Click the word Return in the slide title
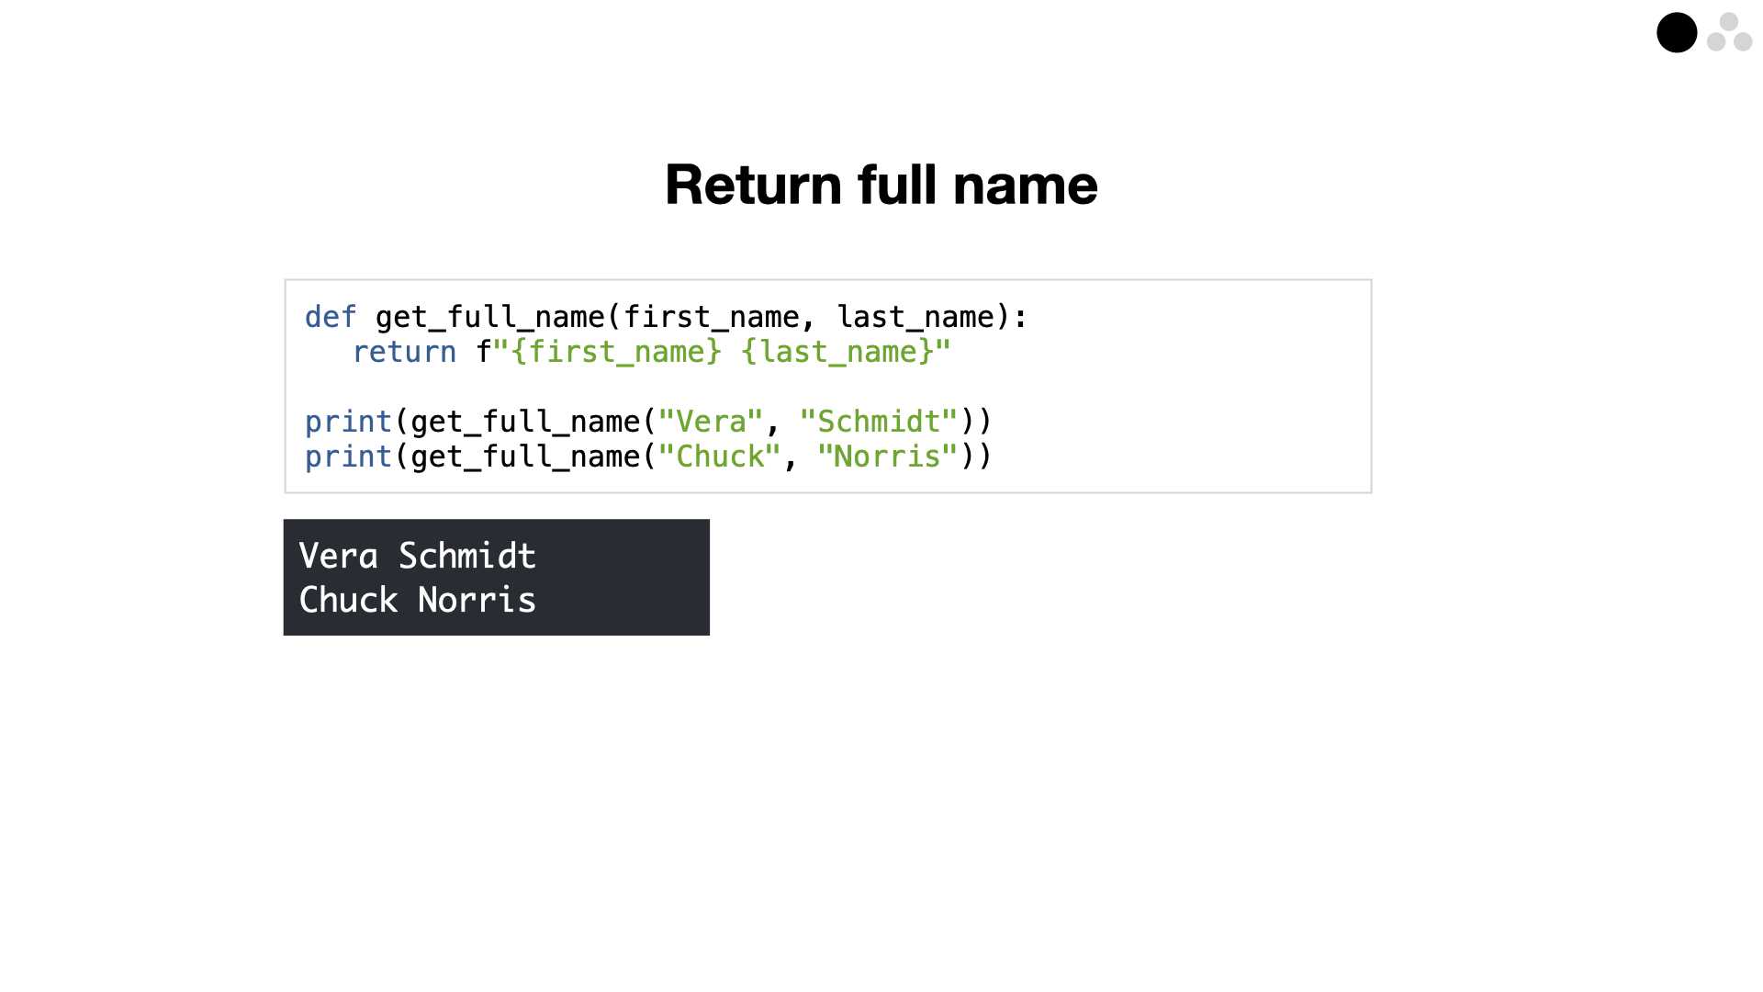click(x=754, y=185)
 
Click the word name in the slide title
click(x=1025, y=185)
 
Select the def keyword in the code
click(x=331, y=317)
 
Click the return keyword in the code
click(x=404, y=352)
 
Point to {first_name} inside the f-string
click(x=615, y=353)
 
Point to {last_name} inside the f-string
click(x=837, y=353)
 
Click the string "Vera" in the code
click(x=711, y=422)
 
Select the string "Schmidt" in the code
click(x=879, y=422)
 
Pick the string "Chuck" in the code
click(x=720, y=457)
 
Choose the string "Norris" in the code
click(x=888, y=457)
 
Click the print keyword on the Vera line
click(x=348, y=423)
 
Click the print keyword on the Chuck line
click(x=348, y=457)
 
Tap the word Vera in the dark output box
click(x=339, y=556)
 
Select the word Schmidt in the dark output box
click(x=467, y=556)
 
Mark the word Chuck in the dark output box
click(x=349, y=600)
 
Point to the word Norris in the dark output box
click(x=477, y=600)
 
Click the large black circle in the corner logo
click(x=1677, y=33)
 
